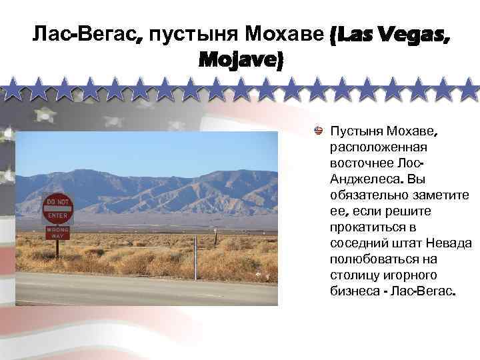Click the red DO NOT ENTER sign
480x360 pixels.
coord(57,208)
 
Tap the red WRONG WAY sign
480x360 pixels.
coord(57,233)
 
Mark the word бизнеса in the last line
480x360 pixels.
coord(356,291)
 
